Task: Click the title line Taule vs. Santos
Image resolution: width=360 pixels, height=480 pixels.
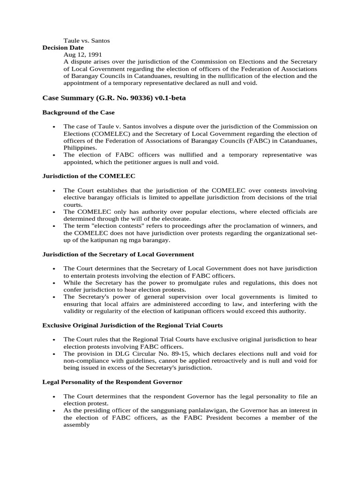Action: (87, 41)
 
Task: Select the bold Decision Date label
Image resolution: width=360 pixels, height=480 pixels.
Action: (63, 48)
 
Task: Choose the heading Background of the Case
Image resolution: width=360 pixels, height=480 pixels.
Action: (78, 112)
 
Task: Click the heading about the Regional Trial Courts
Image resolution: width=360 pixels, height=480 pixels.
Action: (133, 325)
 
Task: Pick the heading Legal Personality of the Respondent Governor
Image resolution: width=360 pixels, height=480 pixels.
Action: (112, 382)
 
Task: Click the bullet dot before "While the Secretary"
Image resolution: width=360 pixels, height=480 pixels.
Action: (54, 283)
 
